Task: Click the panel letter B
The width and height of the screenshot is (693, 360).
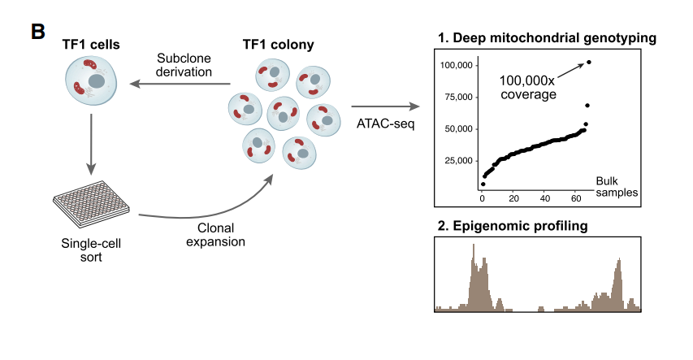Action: point(37,33)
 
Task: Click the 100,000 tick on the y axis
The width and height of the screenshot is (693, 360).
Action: point(456,65)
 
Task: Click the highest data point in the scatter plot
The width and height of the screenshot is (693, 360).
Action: point(589,62)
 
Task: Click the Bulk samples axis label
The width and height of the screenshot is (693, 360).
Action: point(616,186)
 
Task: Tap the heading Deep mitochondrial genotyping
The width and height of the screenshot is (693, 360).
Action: point(547,38)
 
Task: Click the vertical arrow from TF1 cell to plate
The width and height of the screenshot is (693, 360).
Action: point(91,144)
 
